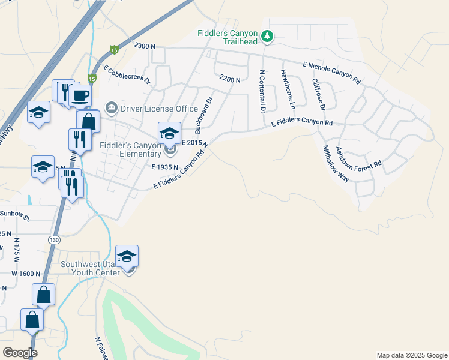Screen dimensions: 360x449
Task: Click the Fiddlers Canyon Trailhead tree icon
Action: (x=267, y=38)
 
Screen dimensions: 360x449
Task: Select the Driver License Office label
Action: (x=159, y=109)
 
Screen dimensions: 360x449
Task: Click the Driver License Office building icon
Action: (x=112, y=108)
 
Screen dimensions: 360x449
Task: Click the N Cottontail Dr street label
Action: (x=262, y=91)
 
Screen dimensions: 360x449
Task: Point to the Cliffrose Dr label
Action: (x=318, y=94)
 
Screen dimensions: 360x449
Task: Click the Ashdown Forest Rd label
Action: (x=358, y=157)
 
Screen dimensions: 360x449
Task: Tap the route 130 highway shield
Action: (x=54, y=240)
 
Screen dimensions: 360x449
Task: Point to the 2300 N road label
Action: (x=145, y=46)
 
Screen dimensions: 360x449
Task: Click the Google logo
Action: (x=20, y=352)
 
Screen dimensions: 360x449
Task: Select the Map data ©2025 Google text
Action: (x=411, y=355)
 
